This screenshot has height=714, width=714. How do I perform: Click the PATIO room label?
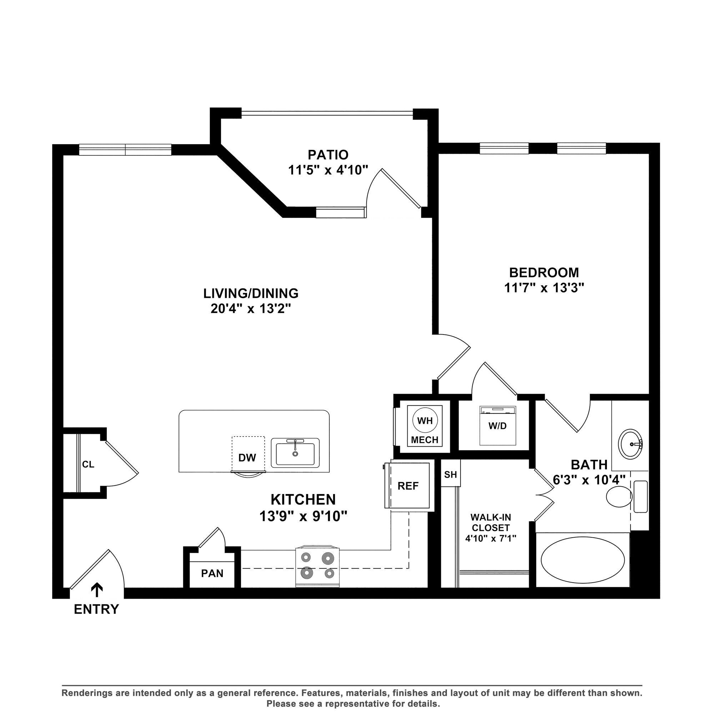point(328,154)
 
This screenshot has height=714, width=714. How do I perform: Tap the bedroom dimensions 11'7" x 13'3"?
point(544,287)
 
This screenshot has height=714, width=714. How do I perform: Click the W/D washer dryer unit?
point(497,426)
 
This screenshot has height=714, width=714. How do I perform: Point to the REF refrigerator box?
point(408,486)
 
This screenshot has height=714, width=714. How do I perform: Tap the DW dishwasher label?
point(247,458)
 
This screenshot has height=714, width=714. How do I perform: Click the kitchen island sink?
point(295,453)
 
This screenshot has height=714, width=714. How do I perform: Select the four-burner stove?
point(317,567)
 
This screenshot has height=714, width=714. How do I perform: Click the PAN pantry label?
point(212,573)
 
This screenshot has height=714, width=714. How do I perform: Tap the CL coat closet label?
point(88,464)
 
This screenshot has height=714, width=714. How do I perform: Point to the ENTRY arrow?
point(97,590)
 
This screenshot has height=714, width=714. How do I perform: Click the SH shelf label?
point(450,474)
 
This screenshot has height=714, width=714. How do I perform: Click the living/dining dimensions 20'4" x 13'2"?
point(251,309)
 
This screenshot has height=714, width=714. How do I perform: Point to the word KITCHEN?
point(303,500)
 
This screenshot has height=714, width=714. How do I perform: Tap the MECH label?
point(424,440)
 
